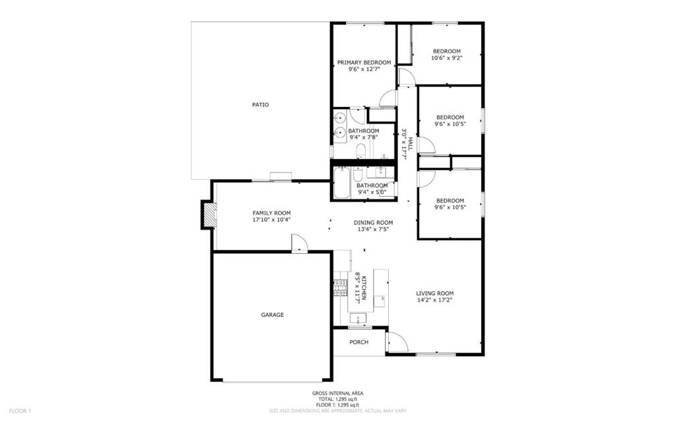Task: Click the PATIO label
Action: pyautogui.click(x=260, y=105)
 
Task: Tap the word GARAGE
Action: pyautogui.click(x=273, y=315)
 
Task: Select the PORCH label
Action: pyautogui.click(x=358, y=342)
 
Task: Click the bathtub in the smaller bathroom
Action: pyautogui.click(x=341, y=183)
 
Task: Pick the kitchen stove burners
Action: pyautogui.click(x=340, y=289)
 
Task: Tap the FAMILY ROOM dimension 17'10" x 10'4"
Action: pyautogui.click(x=271, y=219)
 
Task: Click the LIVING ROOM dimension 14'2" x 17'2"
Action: pyautogui.click(x=434, y=300)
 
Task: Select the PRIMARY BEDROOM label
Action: pyautogui.click(x=364, y=63)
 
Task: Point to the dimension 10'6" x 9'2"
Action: pyautogui.click(x=447, y=57)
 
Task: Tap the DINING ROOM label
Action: pyautogui.click(x=374, y=223)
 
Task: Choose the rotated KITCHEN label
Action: pyautogui.click(x=364, y=288)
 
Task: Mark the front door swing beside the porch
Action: pyautogui.click(x=397, y=341)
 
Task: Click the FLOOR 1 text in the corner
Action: pyautogui.click(x=20, y=411)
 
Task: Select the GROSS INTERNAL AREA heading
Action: pyautogui.click(x=337, y=393)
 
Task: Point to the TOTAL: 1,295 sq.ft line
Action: pyautogui.click(x=337, y=399)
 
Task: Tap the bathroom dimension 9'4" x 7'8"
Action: pyautogui.click(x=364, y=137)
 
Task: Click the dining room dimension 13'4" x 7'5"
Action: pyautogui.click(x=374, y=230)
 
